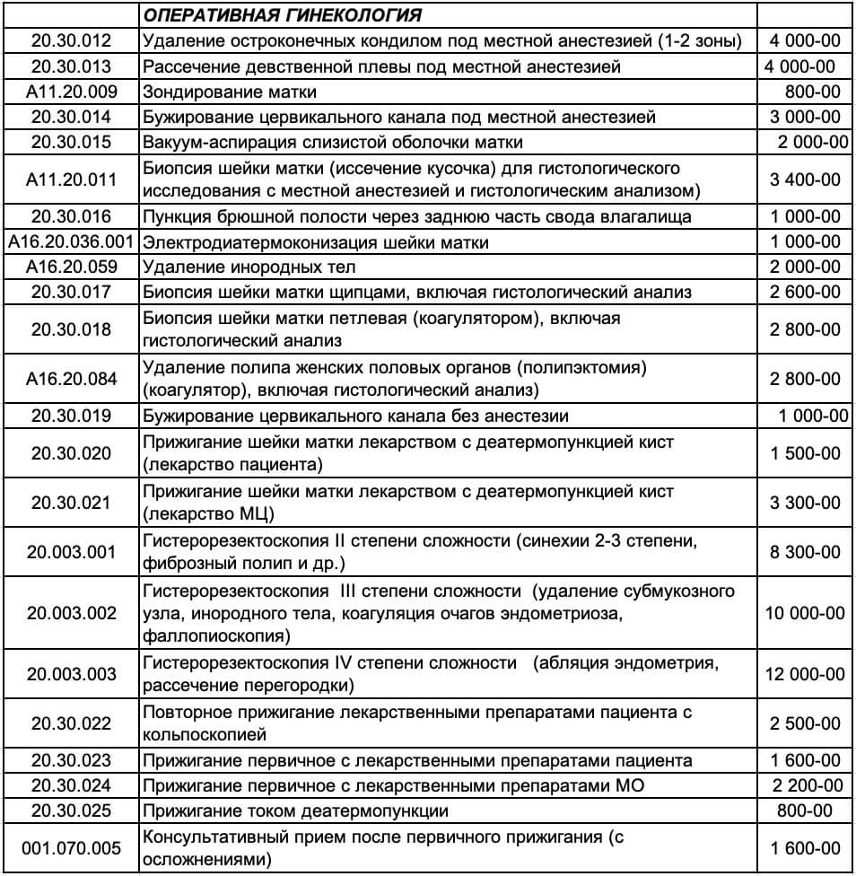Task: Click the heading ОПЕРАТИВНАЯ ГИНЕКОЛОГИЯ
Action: click(284, 15)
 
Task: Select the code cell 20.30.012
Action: click(71, 40)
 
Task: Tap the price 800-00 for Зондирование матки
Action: click(811, 92)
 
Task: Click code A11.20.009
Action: click(71, 92)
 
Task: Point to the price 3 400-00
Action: click(805, 180)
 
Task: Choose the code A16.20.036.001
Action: click(71, 242)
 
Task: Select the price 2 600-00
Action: click(805, 292)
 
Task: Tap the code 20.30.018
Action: click(71, 329)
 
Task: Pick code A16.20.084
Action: click(71, 379)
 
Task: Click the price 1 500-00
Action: click(805, 453)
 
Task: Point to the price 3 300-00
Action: click(805, 503)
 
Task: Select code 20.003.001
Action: click(71, 553)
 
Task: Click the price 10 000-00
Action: click(804, 614)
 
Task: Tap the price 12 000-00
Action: click(804, 675)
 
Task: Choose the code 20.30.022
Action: click(71, 723)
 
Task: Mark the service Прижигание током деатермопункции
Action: click(295, 811)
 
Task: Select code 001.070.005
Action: click(71, 848)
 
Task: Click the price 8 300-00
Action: click(805, 553)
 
